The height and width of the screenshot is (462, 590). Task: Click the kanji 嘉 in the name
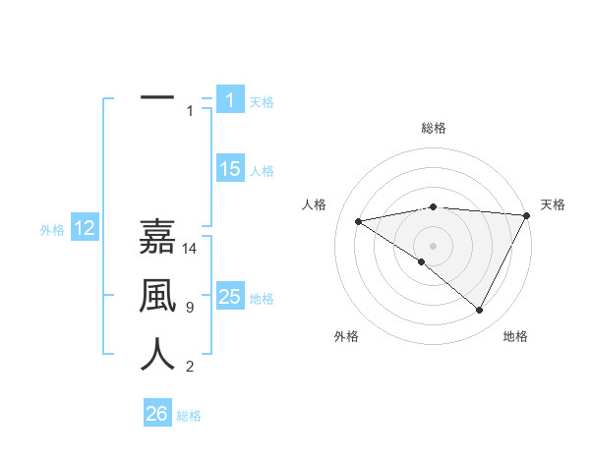[x=157, y=237]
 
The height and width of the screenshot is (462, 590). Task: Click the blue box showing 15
[x=230, y=169]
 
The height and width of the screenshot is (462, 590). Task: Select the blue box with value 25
[x=230, y=297]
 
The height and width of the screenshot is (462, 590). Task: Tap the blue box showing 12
[x=85, y=229]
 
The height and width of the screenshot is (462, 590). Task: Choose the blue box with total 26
[x=157, y=414]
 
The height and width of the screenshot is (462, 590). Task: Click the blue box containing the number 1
[x=230, y=99]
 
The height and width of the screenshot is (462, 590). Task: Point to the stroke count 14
[x=190, y=249]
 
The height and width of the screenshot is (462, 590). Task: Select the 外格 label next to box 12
[x=52, y=230]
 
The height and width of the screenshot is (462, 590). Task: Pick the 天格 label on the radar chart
[x=553, y=204]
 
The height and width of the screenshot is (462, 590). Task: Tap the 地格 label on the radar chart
[x=515, y=336]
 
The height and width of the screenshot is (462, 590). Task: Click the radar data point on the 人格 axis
[x=359, y=221]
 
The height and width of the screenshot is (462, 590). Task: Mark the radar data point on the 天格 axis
[x=527, y=215]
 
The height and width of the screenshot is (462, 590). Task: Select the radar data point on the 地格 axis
[x=480, y=310]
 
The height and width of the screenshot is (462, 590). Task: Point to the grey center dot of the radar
[x=433, y=245]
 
